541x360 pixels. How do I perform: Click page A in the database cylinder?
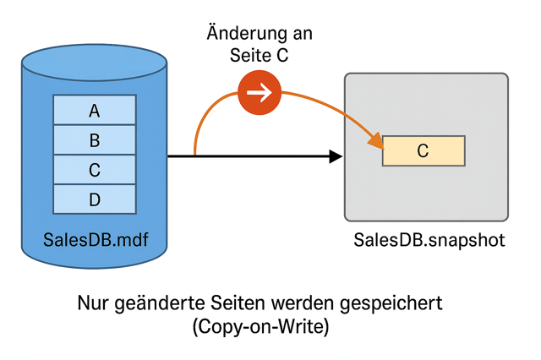95,110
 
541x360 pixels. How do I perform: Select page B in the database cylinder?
95,140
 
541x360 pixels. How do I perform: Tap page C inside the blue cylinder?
95,170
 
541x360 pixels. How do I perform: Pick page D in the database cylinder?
95,199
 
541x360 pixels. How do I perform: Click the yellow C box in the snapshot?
424,150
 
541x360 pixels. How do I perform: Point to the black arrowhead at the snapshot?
336,156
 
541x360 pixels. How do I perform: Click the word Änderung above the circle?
239,35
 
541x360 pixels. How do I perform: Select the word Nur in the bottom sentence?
94,302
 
